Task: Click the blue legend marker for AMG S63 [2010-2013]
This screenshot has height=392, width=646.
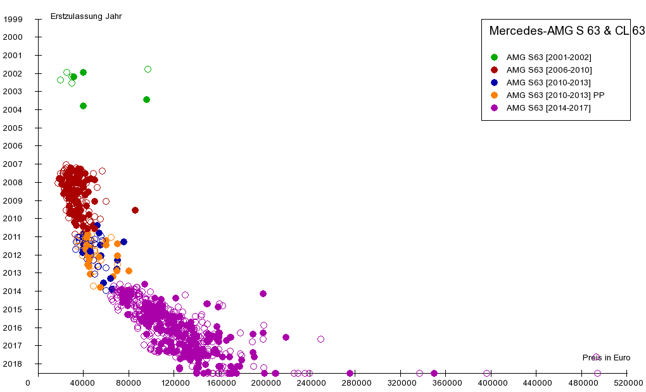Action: pyautogui.click(x=495, y=83)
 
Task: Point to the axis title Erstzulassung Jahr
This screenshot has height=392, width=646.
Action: pyautogui.click(x=86, y=16)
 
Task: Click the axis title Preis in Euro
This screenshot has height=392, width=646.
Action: pyautogui.click(x=606, y=358)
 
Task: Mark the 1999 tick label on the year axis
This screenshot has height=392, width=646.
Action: pyautogui.click(x=13, y=19)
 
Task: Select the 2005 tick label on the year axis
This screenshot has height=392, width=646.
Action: pyautogui.click(x=13, y=128)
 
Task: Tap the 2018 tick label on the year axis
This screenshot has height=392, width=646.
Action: pyautogui.click(x=13, y=364)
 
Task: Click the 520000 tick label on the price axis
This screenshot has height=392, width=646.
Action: pyautogui.click(x=627, y=383)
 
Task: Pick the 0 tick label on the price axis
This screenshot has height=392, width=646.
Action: pyautogui.click(x=28, y=383)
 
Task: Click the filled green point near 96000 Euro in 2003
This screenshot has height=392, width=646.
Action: pyautogui.click(x=146, y=99)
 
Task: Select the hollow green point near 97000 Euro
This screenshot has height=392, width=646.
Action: pyautogui.click(x=148, y=69)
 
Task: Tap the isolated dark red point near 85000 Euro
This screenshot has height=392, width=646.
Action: pyautogui.click(x=135, y=210)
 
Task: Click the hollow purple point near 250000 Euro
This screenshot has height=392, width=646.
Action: pyautogui.click(x=320, y=339)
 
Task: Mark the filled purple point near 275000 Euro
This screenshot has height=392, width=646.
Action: pyautogui.click(x=350, y=373)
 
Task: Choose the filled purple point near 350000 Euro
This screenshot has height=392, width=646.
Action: pyautogui.click(x=434, y=373)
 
